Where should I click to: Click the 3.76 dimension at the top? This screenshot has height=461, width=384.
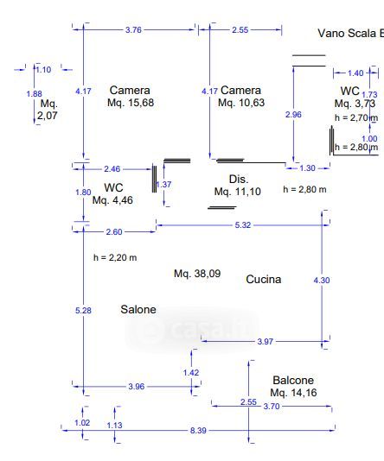(133, 29)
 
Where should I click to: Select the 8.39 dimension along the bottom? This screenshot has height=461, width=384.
(198, 431)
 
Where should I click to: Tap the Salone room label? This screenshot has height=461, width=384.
(138, 309)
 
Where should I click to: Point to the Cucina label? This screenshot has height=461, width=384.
(264, 279)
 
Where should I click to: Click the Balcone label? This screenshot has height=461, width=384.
(293, 380)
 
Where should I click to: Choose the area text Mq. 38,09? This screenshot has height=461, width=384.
(197, 274)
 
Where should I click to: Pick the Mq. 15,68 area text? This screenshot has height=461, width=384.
(131, 103)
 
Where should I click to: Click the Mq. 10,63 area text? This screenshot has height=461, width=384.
(241, 103)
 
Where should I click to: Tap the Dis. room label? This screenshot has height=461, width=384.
(239, 179)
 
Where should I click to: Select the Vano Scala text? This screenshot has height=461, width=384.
(347, 33)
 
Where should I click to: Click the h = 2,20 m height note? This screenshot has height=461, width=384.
(115, 257)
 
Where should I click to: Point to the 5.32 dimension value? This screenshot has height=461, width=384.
(243, 225)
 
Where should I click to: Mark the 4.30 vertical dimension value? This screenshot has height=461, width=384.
(322, 281)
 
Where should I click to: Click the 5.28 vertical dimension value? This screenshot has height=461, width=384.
(83, 311)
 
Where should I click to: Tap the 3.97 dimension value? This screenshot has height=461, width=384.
(265, 341)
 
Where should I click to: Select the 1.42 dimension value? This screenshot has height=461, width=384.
(191, 373)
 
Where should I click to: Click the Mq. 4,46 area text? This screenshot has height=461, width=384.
(112, 200)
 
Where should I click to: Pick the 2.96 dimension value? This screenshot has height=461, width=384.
(293, 114)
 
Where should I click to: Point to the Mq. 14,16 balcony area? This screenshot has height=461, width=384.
(293, 393)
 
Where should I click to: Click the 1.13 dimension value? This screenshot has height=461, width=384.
(114, 425)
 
